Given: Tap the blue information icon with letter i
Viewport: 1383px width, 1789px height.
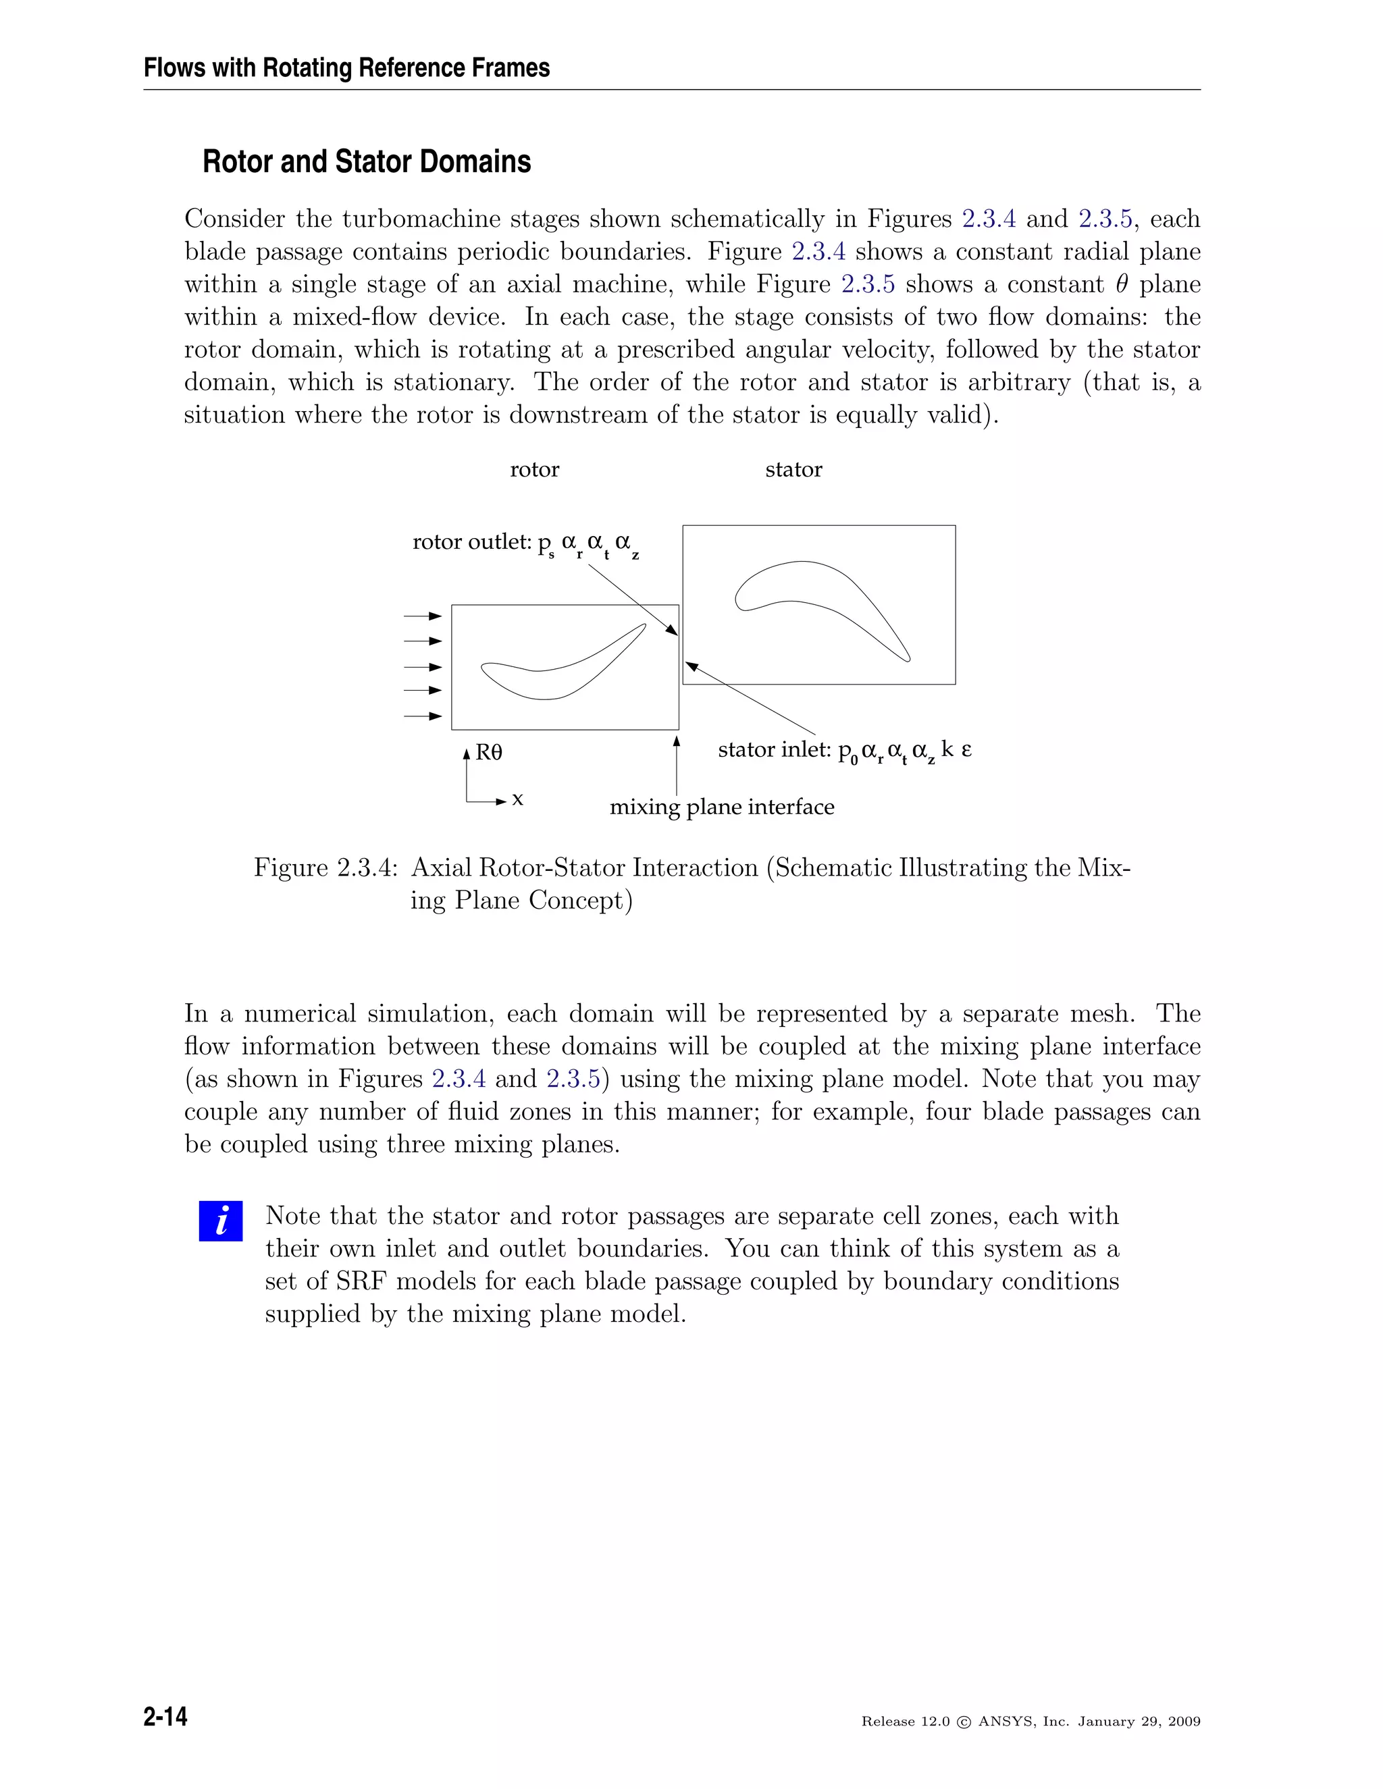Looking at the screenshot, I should (x=220, y=1221).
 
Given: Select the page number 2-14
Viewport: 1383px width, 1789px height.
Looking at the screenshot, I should (x=165, y=1716).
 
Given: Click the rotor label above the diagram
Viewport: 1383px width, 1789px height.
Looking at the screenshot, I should (x=534, y=469).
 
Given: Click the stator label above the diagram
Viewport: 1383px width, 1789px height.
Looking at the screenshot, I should (x=793, y=469).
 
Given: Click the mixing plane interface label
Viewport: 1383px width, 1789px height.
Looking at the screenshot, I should (x=721, y=807).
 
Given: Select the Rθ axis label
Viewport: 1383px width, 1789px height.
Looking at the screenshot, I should (x=489, y=752).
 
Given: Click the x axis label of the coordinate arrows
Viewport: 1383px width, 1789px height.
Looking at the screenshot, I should (x=517, y=799).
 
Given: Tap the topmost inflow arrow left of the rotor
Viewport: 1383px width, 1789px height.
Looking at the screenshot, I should (x=423, y=616).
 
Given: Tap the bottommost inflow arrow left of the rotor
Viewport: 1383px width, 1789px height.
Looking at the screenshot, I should (x=423, y=716).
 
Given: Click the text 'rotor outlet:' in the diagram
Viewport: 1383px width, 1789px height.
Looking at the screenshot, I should (x=472, y=542).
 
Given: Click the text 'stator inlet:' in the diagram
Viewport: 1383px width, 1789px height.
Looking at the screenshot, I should (x=775, y=749).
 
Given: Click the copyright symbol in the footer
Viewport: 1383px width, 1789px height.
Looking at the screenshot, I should (x=964, y=1722).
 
